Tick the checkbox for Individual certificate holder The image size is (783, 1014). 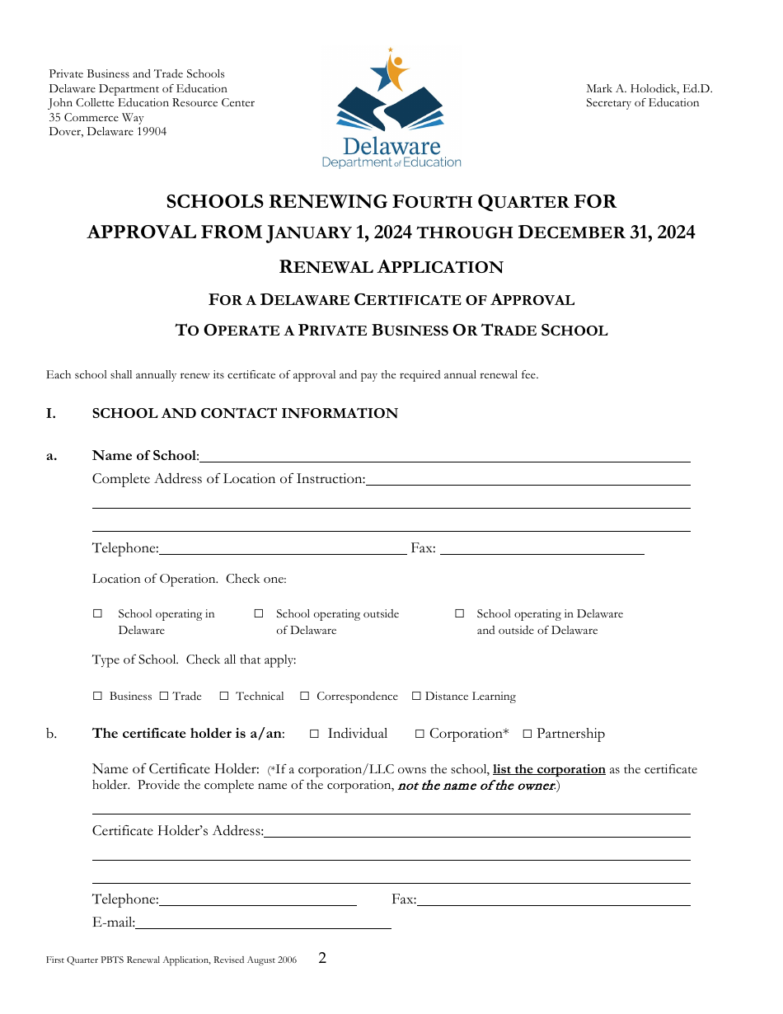(x=314, y=734)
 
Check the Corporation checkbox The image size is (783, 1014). (x=420, y=734)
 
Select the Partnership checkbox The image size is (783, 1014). (x=527, y=734)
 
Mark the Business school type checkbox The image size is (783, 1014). (x=97, y=697)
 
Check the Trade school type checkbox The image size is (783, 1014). (x=163, y=697)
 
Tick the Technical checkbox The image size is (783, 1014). (x=224, y=697)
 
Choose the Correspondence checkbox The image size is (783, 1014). (x=304, y=697)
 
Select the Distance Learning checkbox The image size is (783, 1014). (x=416, y=697)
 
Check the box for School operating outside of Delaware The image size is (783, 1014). (x=259, y=614)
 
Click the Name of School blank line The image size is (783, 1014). (x=445, y=456)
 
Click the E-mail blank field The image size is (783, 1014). (x=263, y=923)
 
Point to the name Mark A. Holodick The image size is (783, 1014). (x=649, y=89)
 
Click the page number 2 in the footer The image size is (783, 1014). (x=322, y=958)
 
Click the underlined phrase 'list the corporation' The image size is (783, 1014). (x=549, y=769)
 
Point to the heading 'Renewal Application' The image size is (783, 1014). (x=391, y=267)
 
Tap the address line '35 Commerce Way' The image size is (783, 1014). (x=96, y=118)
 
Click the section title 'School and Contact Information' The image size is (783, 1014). (x=245, y=414)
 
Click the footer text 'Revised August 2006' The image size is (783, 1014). (x=256, y=960)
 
